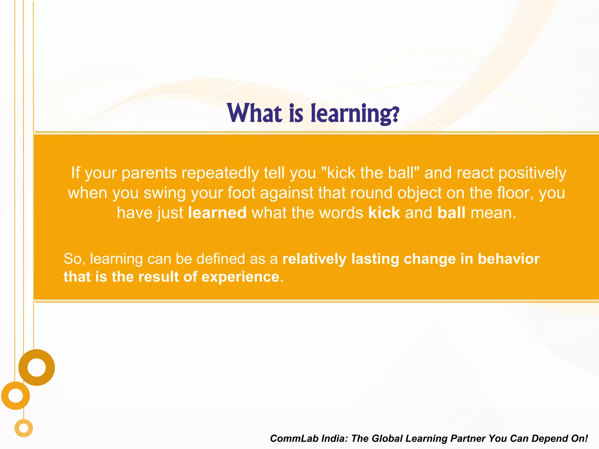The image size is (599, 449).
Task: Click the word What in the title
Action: point(254,113)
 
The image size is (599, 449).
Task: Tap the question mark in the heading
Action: point(395,115)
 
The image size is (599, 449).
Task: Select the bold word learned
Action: point(217,213)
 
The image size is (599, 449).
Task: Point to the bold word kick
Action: point(384,213)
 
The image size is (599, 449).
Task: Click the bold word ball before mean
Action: point(451,213)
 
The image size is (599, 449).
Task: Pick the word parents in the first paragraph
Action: point(149,173)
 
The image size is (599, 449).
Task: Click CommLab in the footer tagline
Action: point(294,438)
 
